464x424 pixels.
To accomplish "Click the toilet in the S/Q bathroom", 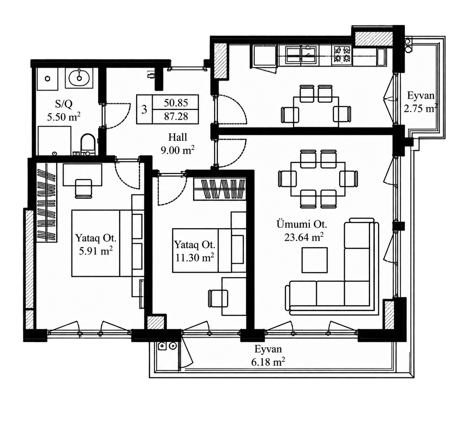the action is (x=88, y=145).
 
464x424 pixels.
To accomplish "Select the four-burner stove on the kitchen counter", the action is (x=342, y=54).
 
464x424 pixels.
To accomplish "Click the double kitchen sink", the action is (x=301, y=54).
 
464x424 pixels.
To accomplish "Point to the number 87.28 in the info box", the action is (x=176, y=116).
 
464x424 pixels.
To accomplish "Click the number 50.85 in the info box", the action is (x=176, y=103).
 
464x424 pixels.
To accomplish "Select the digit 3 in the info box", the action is (x=144, y=109).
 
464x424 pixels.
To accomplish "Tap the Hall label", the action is (x=178, y=138).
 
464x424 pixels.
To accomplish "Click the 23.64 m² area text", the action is (x=303, y=237).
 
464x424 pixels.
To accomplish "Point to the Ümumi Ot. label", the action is (x=302, y=224).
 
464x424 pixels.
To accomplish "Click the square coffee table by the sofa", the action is (x=314, y=260).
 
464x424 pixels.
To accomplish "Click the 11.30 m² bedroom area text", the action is (x=195, y=257).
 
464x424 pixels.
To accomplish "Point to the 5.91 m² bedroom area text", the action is (x=96, y=251).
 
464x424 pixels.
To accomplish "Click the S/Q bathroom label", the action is (x=64, y=104).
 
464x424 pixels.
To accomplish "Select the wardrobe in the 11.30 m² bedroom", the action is (x=220, y=189).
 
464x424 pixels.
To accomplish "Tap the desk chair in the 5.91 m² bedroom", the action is (x=83, y=188).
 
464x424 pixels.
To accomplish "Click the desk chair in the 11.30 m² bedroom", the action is (x=218, y=298).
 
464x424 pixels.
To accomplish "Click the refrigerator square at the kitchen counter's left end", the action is (x=265, y=56).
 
